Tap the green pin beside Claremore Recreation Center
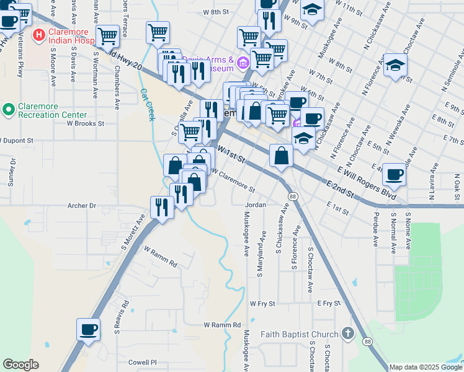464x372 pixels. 9,110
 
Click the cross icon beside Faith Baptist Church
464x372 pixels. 347,334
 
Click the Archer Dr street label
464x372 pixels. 82,205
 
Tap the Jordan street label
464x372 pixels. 256,205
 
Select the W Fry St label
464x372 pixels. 262,304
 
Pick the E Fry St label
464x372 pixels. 329,303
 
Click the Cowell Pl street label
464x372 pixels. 143,362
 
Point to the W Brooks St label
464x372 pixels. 86,123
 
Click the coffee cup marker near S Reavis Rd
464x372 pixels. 88,329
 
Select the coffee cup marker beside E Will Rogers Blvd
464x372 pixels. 393,174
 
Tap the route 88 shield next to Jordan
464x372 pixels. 291,195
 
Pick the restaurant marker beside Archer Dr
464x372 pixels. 162,207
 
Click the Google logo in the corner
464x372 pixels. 20,365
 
